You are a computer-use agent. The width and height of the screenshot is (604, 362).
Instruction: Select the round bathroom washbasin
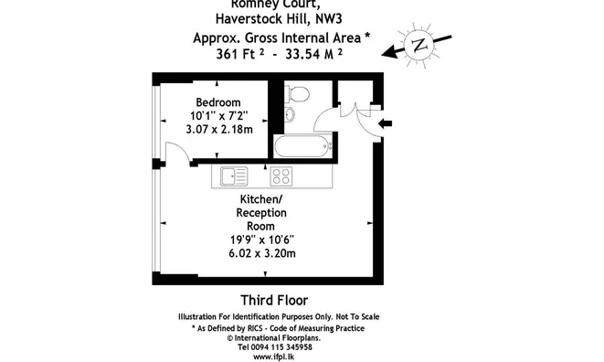point(291,114)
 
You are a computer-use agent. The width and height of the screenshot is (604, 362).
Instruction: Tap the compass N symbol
point(419,45)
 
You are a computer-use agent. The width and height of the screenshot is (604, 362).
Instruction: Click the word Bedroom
point(217,101)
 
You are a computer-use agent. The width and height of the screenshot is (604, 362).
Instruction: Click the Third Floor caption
point(273,300)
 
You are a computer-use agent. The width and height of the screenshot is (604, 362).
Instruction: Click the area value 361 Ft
point(240,54)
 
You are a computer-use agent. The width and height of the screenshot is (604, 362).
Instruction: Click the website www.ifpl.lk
point(274,357)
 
